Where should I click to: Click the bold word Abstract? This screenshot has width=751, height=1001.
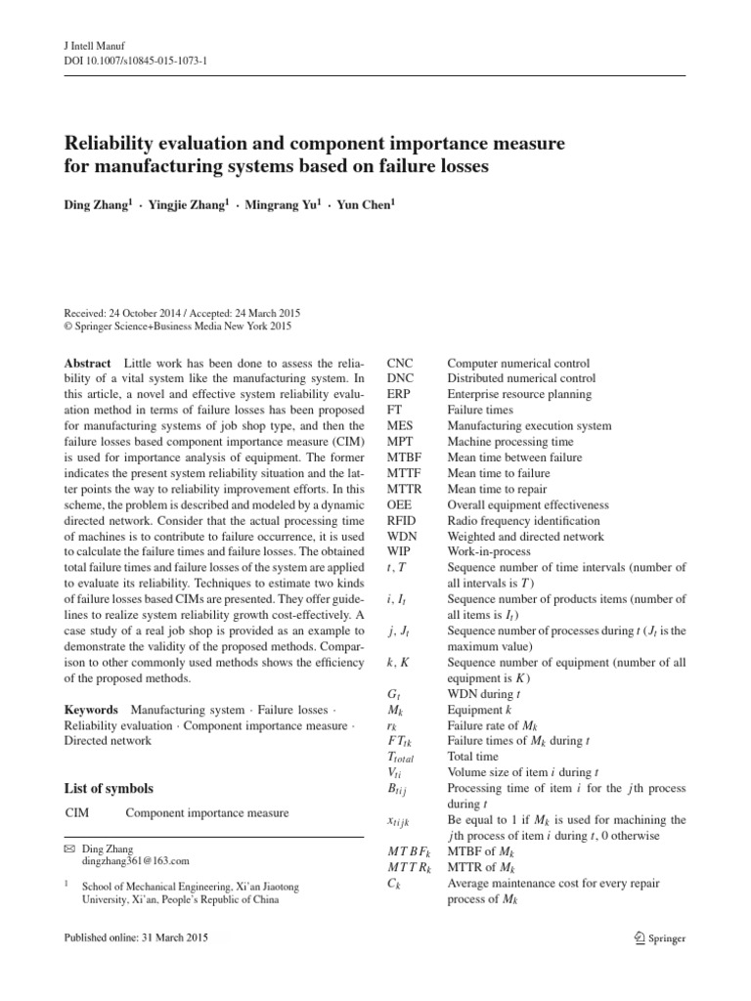click(87, 363)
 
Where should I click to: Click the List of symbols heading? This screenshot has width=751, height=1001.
click(108, 789)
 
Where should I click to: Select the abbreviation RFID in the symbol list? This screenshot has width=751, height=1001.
click(402, 521)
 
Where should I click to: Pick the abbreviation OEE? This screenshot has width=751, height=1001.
click(400, 504)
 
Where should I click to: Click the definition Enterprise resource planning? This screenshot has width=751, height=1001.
click(519, 394)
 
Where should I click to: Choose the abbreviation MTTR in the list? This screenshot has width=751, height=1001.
click(404, 489)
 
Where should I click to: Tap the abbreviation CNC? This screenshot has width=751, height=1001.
click(401, 363)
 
